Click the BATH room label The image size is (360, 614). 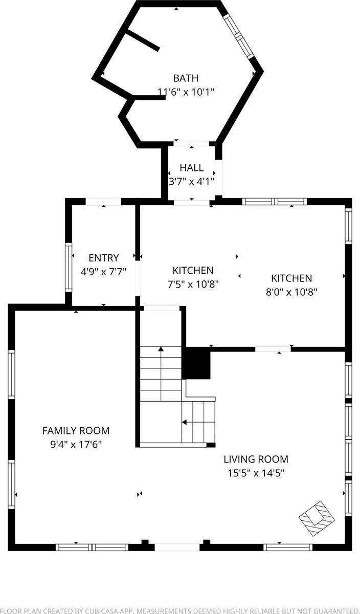point(186,78)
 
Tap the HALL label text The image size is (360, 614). point(192,168)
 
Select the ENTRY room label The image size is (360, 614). point(103,258)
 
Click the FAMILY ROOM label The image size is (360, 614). point(76,431)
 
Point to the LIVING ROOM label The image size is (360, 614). point(256,459)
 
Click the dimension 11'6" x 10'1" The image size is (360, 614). point(186,92)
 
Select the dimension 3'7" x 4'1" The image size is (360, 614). point(192,181)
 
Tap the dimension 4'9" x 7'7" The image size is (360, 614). point(103,271)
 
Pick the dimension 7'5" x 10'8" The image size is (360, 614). point(193,284)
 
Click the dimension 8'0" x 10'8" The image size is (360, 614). point(291,292)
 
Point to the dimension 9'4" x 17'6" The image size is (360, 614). point(76,444)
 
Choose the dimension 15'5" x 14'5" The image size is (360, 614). point(256,473)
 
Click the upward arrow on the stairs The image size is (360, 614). point(161,350)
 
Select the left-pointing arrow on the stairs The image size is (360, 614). point(184,422)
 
